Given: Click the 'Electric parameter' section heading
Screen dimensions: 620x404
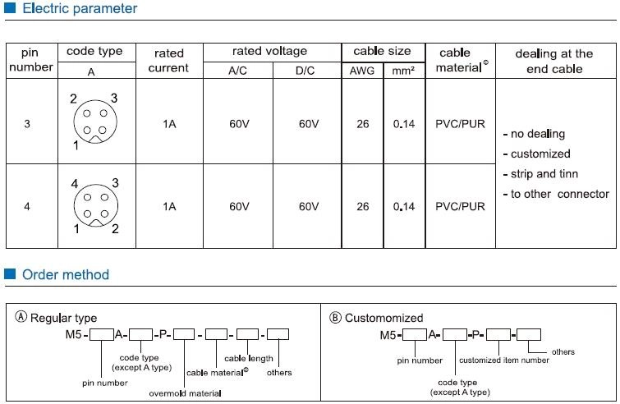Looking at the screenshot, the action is coord(80,8).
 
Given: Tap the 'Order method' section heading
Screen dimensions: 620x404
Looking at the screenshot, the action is coord(66,274).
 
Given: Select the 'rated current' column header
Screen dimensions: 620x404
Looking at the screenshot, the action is coord(169,61).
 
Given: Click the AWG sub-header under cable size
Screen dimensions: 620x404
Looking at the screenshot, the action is coord(362,71).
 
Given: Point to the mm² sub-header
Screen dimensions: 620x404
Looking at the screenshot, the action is coord(403,71).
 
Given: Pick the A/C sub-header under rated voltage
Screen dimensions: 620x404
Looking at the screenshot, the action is coord(237,71).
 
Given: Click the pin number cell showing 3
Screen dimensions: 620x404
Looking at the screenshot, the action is coord(27,124).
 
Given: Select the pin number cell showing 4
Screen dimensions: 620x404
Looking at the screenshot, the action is coord(27,206).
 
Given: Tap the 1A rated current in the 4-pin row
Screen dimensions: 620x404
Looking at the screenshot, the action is coord(169,206).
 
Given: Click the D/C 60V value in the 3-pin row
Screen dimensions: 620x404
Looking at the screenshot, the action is coord(309,124).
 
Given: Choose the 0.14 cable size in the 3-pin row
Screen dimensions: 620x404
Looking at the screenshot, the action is coord(404,124).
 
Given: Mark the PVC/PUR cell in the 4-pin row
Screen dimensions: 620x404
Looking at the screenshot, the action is coord(460,206).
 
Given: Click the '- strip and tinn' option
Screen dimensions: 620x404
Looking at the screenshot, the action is coord(540,174).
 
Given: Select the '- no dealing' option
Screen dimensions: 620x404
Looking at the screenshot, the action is coord(534,134).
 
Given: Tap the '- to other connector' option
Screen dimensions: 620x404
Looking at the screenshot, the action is coord(556,194).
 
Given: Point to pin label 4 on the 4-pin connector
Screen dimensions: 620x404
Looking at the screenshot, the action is coord(75,184).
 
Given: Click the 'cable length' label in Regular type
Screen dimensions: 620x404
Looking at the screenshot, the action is coord(249,359).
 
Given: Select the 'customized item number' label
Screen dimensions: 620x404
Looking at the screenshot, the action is coord(504,360).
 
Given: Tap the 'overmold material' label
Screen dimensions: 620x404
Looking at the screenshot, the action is coord(185,393).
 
